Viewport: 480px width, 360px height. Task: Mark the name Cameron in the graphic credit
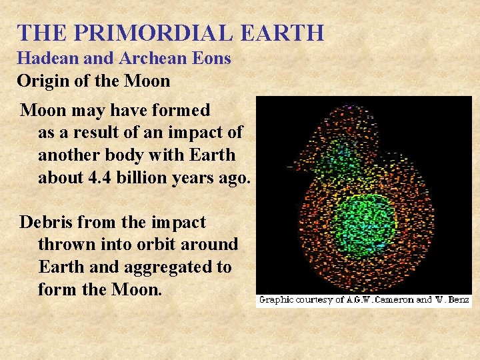(389, 300)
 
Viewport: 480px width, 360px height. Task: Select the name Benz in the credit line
(458, 300)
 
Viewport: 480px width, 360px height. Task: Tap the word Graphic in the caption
(278, 300)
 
